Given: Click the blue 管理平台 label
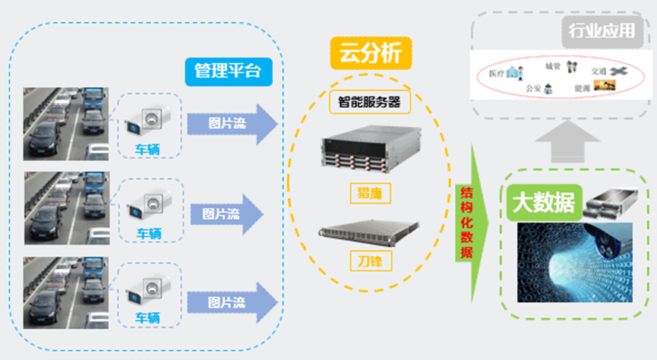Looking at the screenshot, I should coord(227,71).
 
